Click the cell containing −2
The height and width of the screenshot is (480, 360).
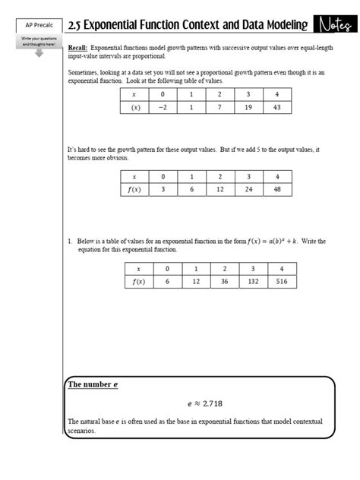(x=162, y=108)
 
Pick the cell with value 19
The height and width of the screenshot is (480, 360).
(x=248, y=108)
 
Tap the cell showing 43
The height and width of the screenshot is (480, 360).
(x=276, y=108)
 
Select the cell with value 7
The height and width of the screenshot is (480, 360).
(x=219, y=108)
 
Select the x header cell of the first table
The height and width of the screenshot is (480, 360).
(x=134, y=94)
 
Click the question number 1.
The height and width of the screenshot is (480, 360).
(x=69, y=242)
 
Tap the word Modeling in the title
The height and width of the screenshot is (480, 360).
(x=277, y=26)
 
